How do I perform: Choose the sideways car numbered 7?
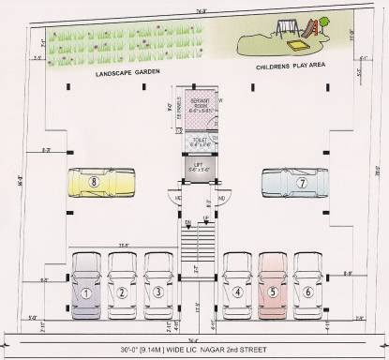tap(292, 184)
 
